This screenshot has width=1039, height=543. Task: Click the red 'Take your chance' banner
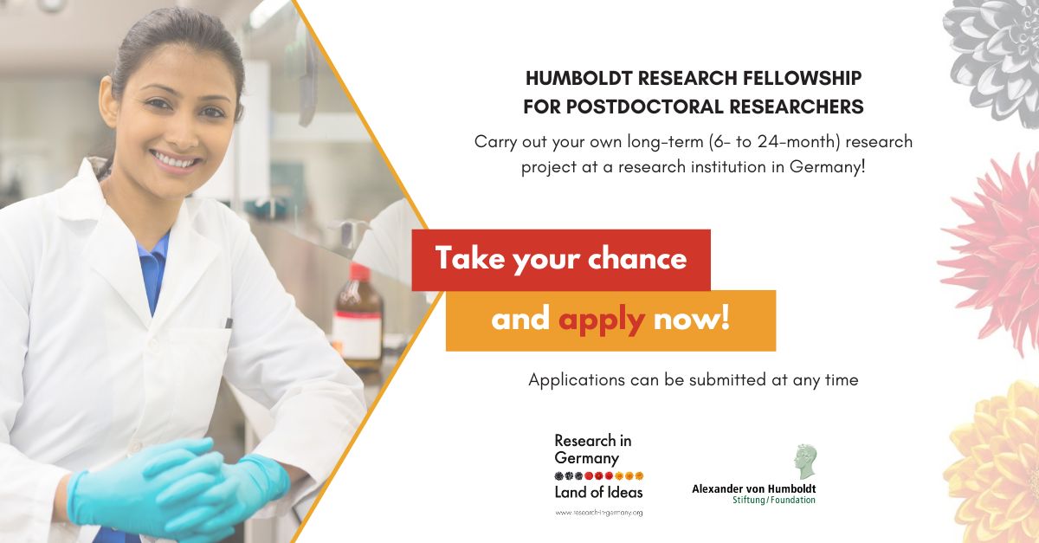click(561, 259)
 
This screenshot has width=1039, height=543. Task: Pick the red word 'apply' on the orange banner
click(602, 320)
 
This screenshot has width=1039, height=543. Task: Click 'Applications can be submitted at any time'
click(693, 379)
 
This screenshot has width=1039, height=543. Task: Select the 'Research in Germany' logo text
click(593, 449)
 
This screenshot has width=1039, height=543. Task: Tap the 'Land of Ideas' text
click(598, 493)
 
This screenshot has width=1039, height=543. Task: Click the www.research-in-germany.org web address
click(598, 513)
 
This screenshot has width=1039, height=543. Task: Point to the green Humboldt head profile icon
click(805, 462)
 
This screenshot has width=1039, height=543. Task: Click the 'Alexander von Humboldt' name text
click(753, 488)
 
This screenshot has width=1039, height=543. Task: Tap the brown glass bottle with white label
click(358, 317)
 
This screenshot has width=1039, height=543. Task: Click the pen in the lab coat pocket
click(229, 323)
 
